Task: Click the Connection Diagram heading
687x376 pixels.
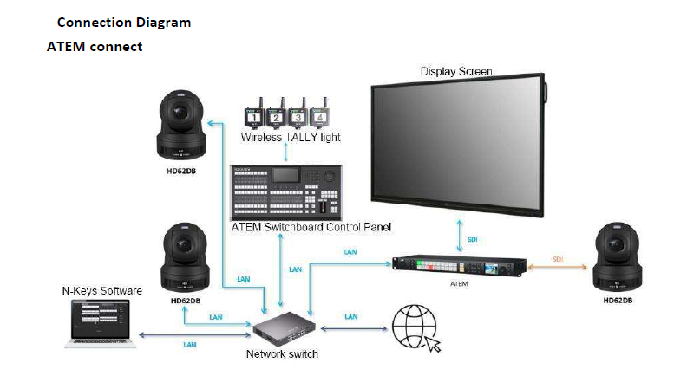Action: (x=123, y=23)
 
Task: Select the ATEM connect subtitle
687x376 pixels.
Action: (x=94, y=46)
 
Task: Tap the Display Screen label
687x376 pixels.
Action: (x=456, y=71)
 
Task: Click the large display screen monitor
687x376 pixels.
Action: (x=458, y=146)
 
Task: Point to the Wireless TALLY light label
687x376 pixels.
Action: (x=291, y=137)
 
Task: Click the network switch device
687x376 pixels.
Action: (x=284, y=328)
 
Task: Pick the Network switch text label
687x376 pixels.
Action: (x=283, y=353)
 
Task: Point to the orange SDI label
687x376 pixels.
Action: (x=558, y=258)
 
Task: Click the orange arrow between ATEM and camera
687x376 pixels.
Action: (x=558, y=268)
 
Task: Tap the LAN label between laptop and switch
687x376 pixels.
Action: (x=190, y=344)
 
